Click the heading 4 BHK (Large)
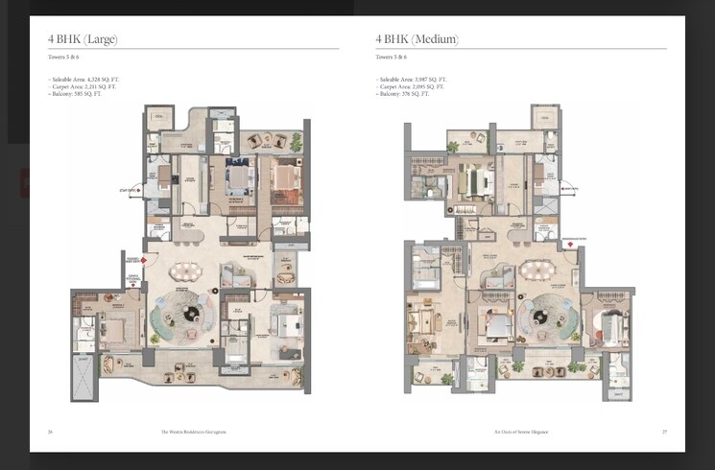click(x=83, y=39)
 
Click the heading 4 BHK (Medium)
click(x=417, y=39)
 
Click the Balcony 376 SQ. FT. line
click(x=404, y=94)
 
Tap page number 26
click(x=50, y=432)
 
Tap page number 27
click(x=663, y=432)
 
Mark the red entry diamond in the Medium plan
click(x=570, y=246)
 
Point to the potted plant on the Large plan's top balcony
click(x=297, y=142)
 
